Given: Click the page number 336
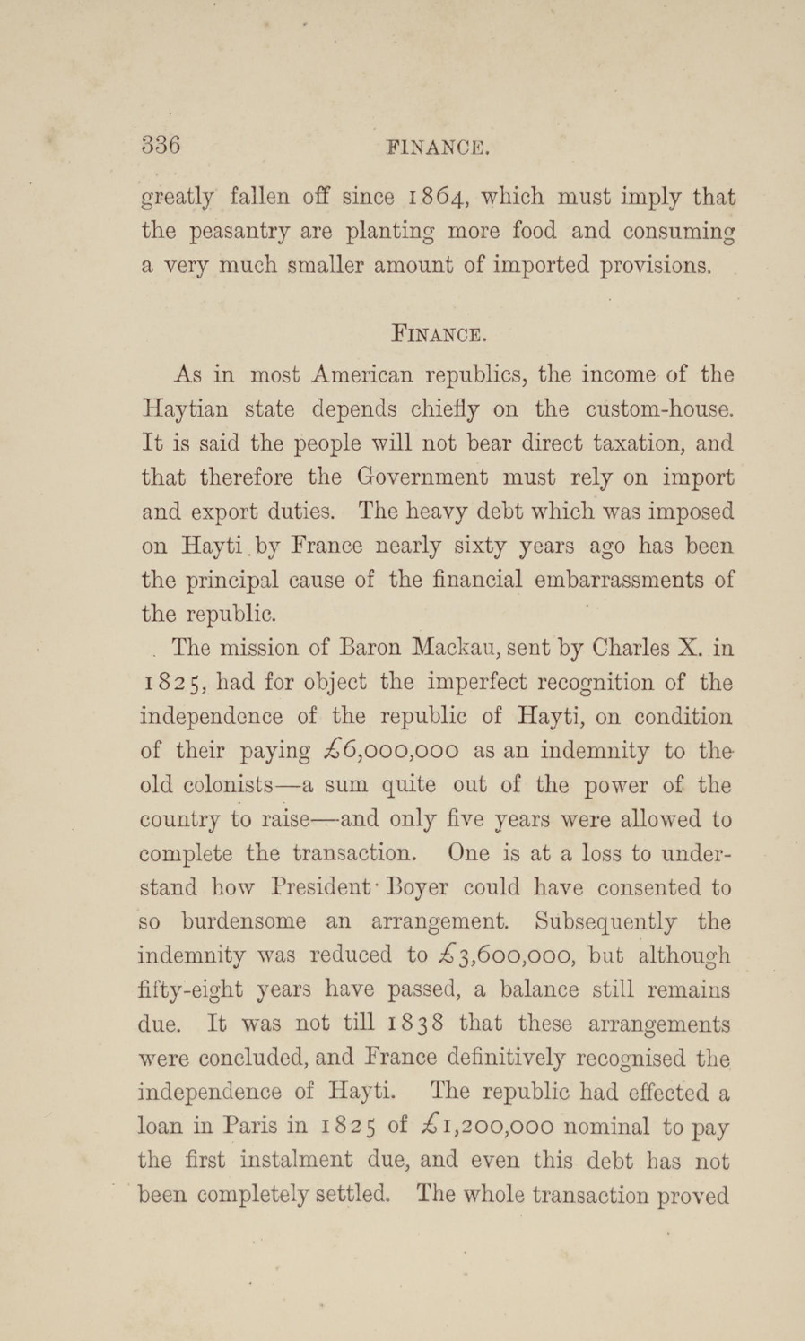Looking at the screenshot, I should tap(161, 146).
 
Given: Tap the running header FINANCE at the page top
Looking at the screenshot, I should tap(438, 148).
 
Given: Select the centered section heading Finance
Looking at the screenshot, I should tap(438, 333).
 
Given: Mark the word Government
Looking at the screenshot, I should tap(422, 477).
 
